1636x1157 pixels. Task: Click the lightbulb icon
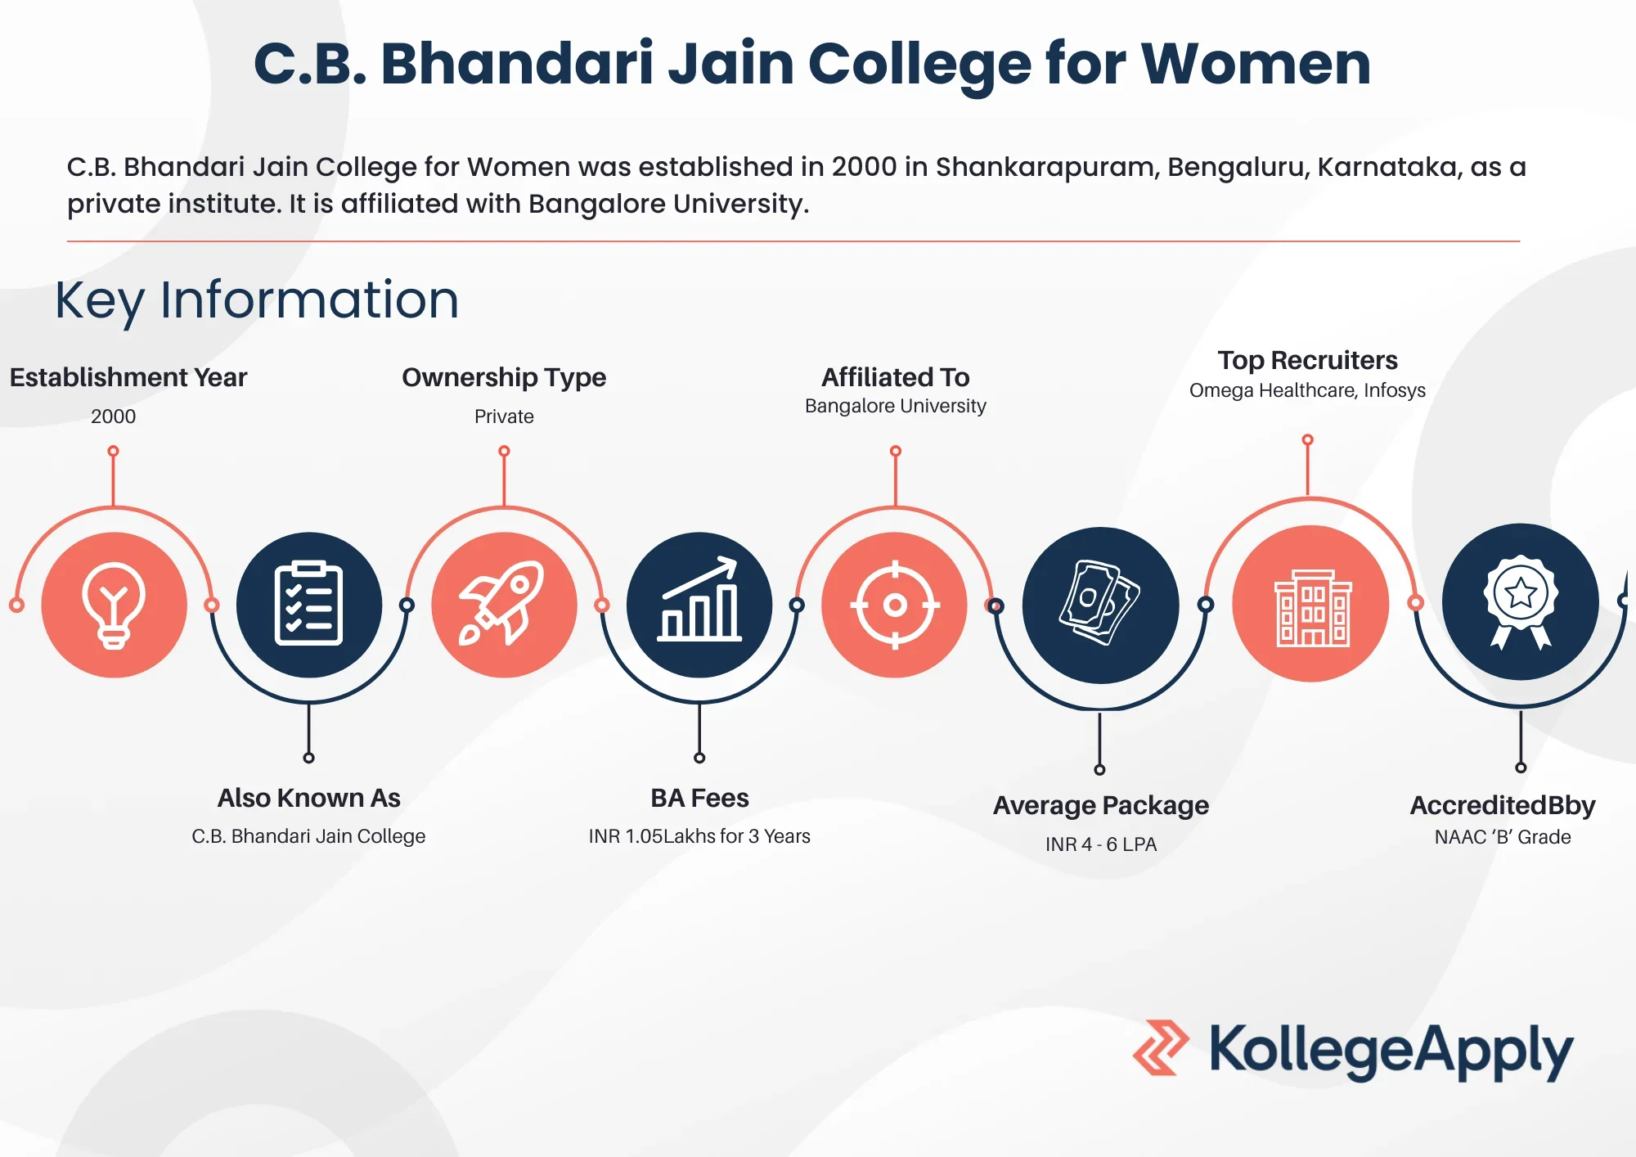114,606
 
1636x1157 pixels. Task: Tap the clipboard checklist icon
308,603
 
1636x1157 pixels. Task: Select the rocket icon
502,603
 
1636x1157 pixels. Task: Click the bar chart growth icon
699,599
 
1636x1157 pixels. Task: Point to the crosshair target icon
895,606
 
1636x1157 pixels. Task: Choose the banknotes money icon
1100,603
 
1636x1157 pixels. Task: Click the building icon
1312,608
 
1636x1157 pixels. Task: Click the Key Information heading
257,300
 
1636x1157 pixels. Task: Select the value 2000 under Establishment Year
114,416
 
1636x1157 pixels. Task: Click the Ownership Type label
504,377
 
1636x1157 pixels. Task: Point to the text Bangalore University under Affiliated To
896,406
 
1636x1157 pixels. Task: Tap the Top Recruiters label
1307,360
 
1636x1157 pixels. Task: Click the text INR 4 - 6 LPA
1101,844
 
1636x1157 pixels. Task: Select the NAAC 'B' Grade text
1503,837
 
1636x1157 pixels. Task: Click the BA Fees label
699,798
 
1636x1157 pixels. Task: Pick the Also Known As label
308,798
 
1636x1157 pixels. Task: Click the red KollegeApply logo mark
1161,1047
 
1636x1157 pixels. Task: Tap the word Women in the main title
1256,64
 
